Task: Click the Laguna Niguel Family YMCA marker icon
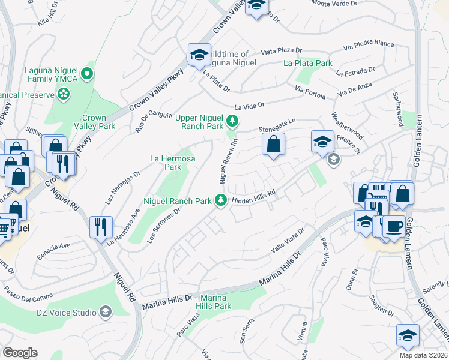86,74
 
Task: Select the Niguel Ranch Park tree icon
221,201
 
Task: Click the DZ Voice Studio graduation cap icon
106,311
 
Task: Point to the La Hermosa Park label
173,163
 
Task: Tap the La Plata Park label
308,63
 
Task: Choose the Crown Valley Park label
90,122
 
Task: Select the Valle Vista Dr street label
288,239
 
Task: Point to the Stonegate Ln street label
277,125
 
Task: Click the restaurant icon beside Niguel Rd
100,226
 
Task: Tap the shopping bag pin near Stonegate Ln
273,144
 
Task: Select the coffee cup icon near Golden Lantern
393,227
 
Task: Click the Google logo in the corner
20,352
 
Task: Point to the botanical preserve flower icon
62,94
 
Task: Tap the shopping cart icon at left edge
5,226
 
